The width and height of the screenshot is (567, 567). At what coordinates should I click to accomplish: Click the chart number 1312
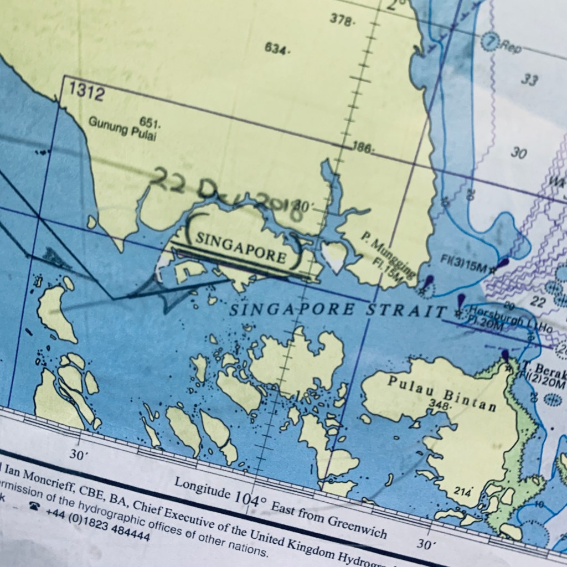click(x=87, y=91)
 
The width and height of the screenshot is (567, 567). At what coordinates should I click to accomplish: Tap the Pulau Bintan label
click(x=441, y=393)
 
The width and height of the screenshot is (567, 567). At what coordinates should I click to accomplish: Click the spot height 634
click(x=276, y=49)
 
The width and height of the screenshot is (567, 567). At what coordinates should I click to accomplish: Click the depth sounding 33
click(x=529, y=80)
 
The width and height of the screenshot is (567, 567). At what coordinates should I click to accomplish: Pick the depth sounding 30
click(x=518, y=153)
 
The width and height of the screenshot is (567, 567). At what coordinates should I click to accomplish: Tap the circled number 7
click(x=489, y=42)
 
